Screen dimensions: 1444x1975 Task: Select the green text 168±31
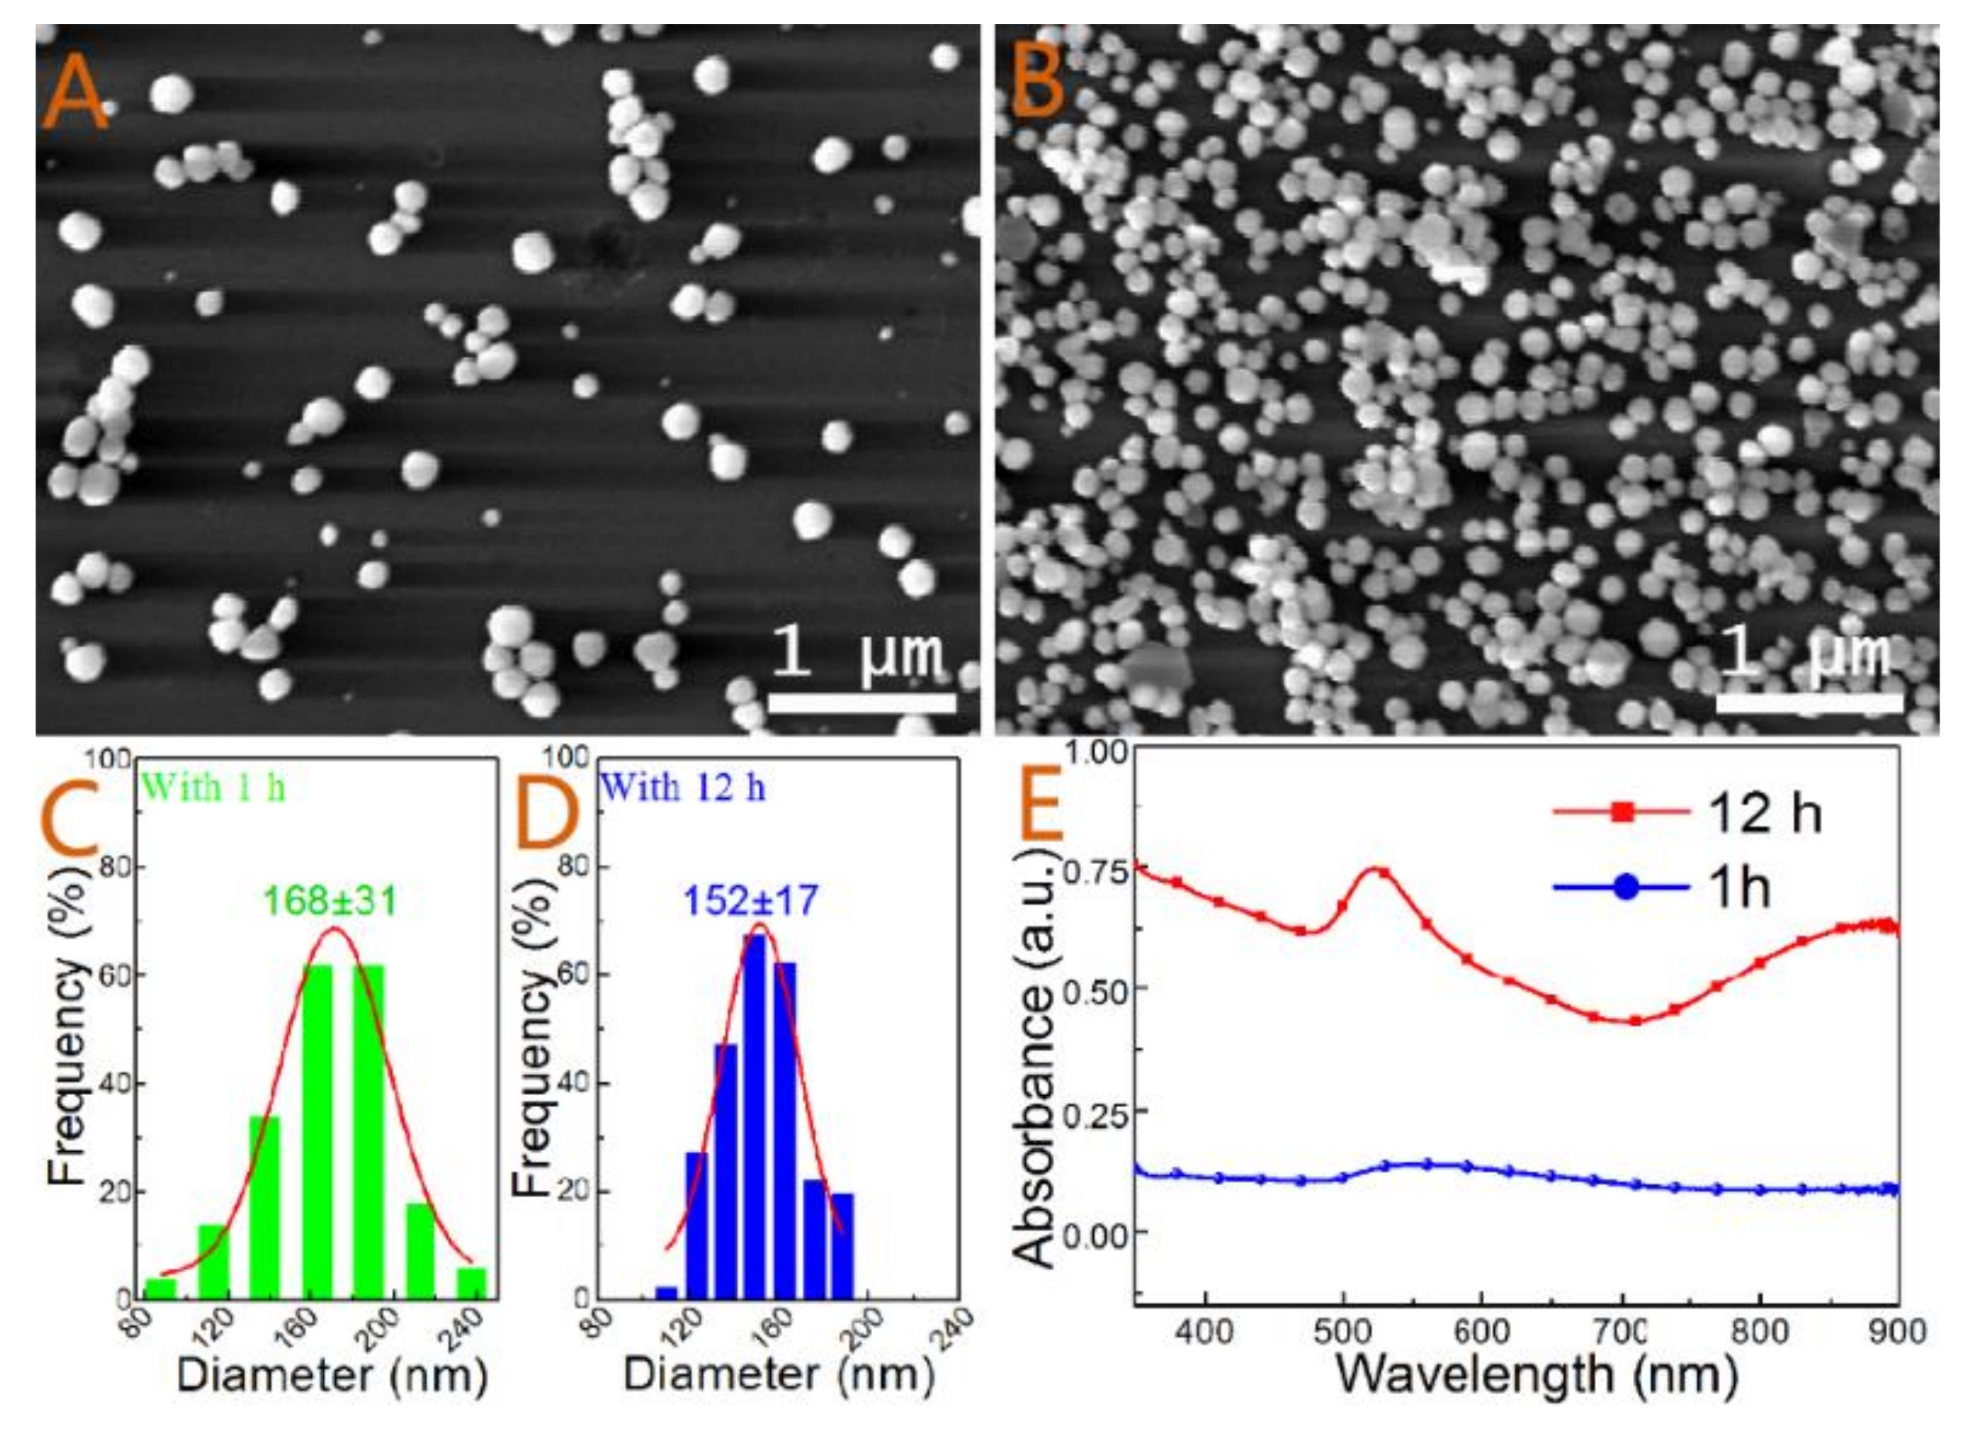[331, 901]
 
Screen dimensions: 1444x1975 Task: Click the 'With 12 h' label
[683, 788]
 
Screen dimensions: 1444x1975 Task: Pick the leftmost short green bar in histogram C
[161, 1288]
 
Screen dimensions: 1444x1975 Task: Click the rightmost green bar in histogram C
[472, 1283]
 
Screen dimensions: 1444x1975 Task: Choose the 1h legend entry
[1660, 888]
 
